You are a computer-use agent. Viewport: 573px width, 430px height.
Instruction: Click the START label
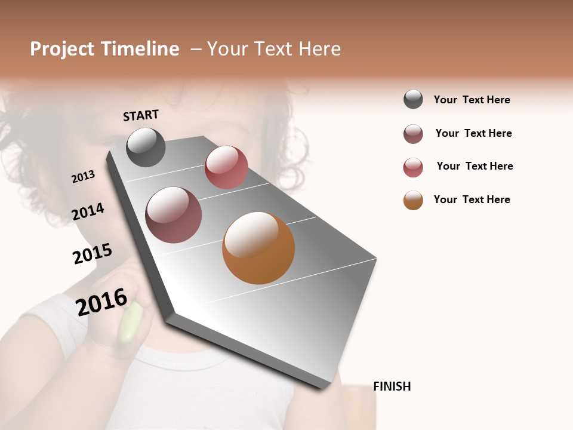141,115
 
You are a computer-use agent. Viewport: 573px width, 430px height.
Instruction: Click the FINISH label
392,386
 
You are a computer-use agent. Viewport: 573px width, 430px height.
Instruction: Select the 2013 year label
83,177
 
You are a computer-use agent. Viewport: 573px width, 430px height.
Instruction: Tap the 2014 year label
88,211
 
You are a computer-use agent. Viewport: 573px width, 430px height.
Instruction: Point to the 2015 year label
93,254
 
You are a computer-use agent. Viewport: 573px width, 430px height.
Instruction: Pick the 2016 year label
101,302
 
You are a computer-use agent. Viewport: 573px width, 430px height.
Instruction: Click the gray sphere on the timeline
146,147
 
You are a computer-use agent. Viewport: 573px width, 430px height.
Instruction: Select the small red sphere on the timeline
226,167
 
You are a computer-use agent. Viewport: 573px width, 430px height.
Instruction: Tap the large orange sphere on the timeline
258,248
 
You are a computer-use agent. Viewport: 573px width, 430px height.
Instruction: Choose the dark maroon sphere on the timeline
174,215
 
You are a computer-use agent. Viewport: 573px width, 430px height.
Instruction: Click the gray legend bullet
413,99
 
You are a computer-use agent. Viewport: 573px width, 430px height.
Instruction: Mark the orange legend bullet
413,200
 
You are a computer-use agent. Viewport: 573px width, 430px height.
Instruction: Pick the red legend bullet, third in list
413,167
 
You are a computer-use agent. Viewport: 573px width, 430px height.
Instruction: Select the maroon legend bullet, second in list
413,134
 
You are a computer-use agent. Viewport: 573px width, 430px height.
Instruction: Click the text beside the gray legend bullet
472,100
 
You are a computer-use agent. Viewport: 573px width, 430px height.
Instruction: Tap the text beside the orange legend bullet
472,199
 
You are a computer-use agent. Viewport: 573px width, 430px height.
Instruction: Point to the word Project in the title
62,49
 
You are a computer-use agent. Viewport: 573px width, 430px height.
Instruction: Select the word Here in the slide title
319,49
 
